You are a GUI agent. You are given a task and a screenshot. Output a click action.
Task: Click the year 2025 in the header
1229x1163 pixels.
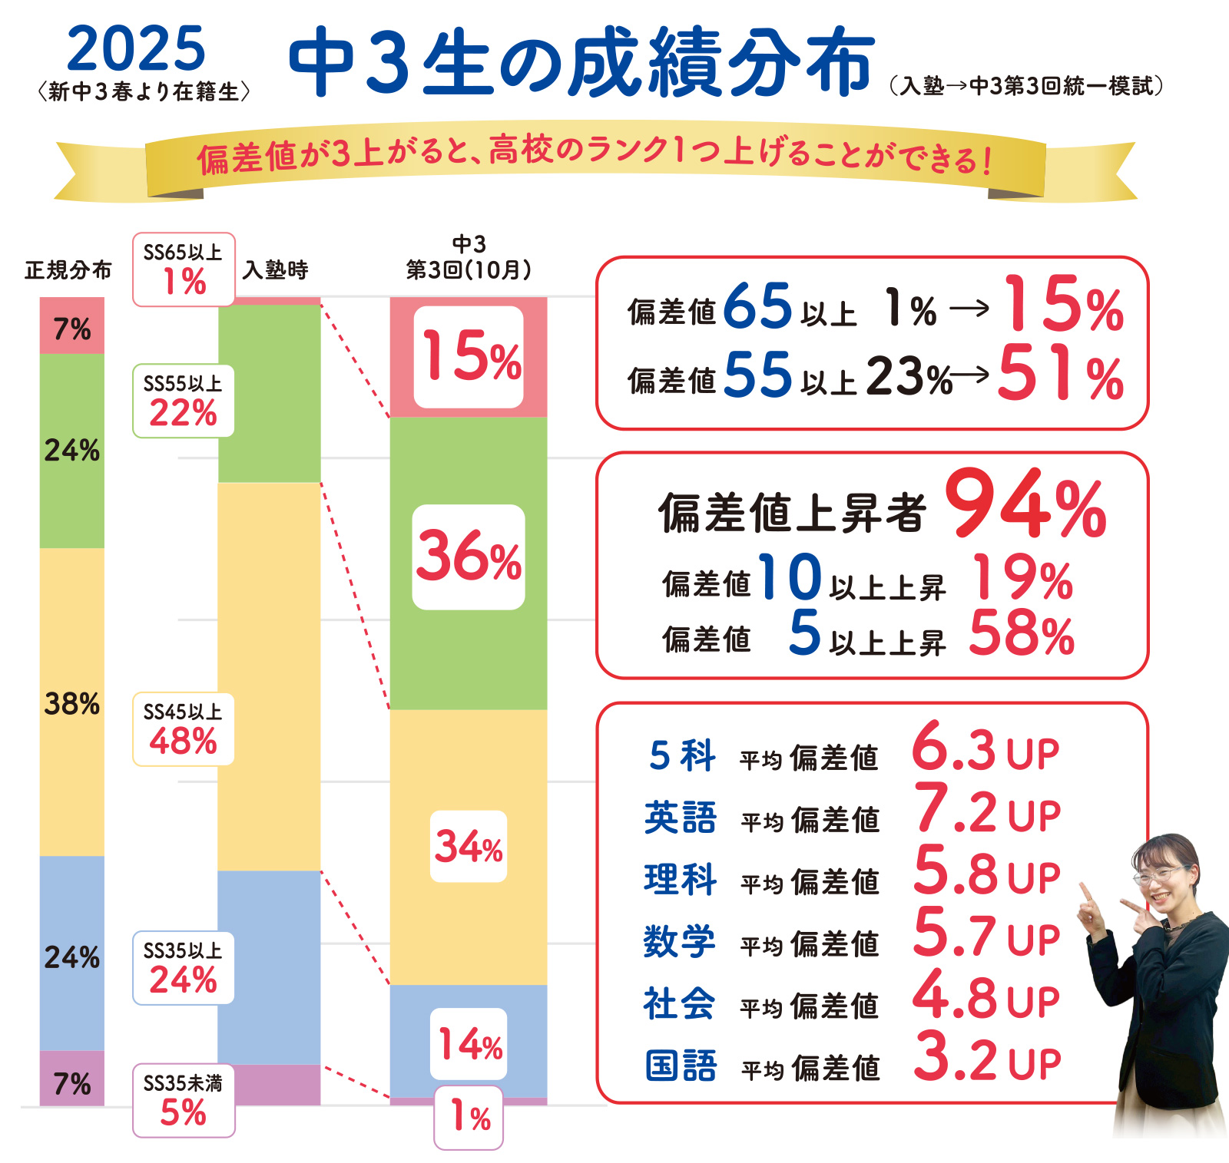pyautogui.click(x=136, y=49)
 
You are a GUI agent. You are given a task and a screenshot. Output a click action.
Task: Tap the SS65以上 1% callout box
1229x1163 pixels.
pyautogui.click(x=184, y=269)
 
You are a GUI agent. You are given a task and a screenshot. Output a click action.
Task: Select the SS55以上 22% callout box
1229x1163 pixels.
pyautogui.click(x=184, y=401)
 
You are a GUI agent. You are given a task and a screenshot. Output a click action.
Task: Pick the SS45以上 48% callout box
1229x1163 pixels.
pyautogui.click(x=184, y=729)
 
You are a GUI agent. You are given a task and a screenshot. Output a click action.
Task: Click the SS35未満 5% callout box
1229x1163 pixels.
pyautogui.click(x=184, y=1100)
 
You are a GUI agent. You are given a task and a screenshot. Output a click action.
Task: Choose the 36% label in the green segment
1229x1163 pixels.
pyautogui.click(x=469, y=557)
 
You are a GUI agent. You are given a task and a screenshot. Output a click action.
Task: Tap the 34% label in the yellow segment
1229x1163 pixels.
pyautogui.click(x=469, y=846)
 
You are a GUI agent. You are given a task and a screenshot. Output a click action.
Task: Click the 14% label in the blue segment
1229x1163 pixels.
pyautogui.click(x=469, y=1044)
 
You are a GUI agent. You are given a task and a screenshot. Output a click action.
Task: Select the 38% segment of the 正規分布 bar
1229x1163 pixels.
pyautogui.click(x=72, y=702)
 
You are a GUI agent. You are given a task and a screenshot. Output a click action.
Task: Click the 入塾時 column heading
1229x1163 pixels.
pyautogui.click(x=275, y=269)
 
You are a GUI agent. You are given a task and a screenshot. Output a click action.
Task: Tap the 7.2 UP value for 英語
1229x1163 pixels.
pyautogui.click(x=986, y=811)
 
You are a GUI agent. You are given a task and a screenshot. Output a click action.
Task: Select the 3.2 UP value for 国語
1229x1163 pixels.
pyautogui.click(x=986, y=1059)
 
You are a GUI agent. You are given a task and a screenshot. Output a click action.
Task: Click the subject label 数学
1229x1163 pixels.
pyautogui.click(x=679, y=941)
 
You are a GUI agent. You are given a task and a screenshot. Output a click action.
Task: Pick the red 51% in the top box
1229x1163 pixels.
pyautogui.click(x=1060, y=374)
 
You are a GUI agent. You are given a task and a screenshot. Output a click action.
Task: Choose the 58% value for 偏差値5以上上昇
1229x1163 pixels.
pyautogui.click(x=1021, y=634)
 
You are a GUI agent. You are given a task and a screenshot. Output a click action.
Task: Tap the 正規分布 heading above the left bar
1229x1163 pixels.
pyautogui.click(x=68, y=270)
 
